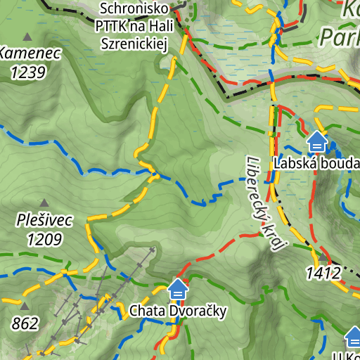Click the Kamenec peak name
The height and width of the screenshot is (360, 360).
pyautogui.click(x=30, y=53)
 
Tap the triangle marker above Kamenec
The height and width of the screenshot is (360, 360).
pyautogui.click(x=27, y=37)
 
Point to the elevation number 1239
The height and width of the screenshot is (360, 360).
pyautogui.click(x=28, y=71)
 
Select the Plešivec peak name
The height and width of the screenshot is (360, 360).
pyautogui.click(x=44, y=221)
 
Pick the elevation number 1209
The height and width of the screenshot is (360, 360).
pyautogui.click(x=44, y=239)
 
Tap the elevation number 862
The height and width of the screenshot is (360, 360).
pyautogui.click(x=25, y=323)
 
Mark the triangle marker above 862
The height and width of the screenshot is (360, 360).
pyautogui.click(x=25, y=306)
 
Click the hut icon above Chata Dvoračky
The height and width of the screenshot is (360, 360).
pyautogui.click(x=178, y=288)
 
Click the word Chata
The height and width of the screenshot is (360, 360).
pyautogui.click(x=146, y=311)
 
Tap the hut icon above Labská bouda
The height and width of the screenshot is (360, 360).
pyautogui.click(x=317, y=143)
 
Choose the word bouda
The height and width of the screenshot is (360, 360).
pyautogui.click(x=339, y=164)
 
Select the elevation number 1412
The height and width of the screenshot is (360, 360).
pyautogui.click(x=323, y=273)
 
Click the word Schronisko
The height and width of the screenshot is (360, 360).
pyautogui.click(x=134, y=8)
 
